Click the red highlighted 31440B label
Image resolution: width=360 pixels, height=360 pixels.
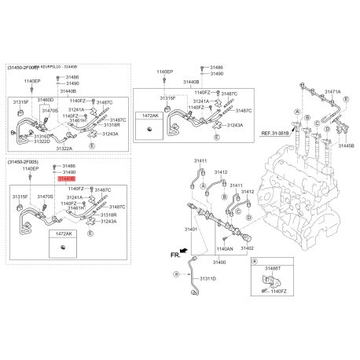(x=67, y=179)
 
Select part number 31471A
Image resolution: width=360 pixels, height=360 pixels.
(x=332, y=92)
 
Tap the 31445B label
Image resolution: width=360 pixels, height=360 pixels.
(x=346, y=145)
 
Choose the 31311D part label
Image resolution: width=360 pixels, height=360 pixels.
(x=208, y=278)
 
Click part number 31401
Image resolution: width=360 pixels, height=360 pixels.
(x=192, y=229)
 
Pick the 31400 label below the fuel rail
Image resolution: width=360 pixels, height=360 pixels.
(x=219, y=262)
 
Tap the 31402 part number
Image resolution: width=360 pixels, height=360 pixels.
(x=247, y=248)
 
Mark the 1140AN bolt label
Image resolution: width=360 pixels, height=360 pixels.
(x=223, y=248)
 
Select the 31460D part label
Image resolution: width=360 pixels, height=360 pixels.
(x=46, y=100)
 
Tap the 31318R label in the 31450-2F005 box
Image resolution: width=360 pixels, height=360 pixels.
(x=108, y=215)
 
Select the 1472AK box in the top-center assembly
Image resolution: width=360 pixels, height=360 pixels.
(x=149, y=116)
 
